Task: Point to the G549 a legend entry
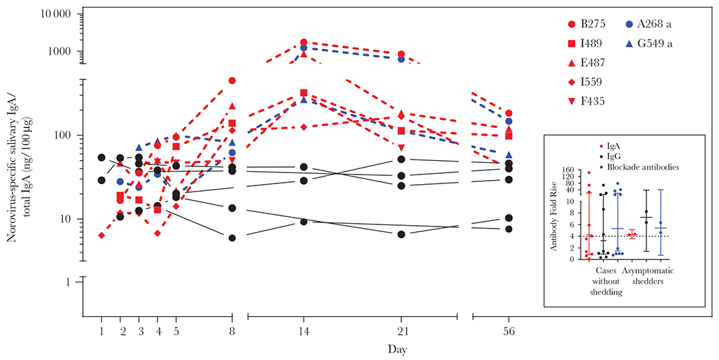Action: (658, 43)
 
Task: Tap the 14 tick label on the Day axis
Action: (303, 331)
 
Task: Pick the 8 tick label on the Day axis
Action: (232, 331)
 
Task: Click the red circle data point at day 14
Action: (303, 42)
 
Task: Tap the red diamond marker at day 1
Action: (101, 235)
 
